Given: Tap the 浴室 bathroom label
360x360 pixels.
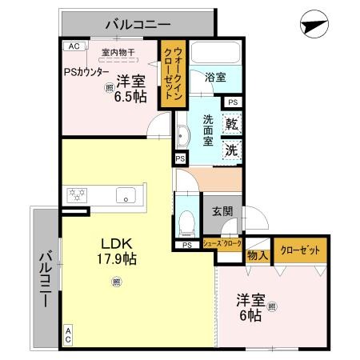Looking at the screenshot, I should tap(215, 78).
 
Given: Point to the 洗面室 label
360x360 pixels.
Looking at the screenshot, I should tap(207, 130).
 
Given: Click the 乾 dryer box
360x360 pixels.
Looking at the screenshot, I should tap(230, 125).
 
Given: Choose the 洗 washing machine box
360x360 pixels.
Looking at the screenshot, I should tap(230, 148).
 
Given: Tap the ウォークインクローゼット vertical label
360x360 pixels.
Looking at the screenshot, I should tap(173, 73).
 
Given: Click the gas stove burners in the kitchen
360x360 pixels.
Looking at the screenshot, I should tap(78, 194).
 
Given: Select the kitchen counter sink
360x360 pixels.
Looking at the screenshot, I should tap(126, 194).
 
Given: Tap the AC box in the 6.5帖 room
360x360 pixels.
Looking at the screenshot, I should tap(74, 46).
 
